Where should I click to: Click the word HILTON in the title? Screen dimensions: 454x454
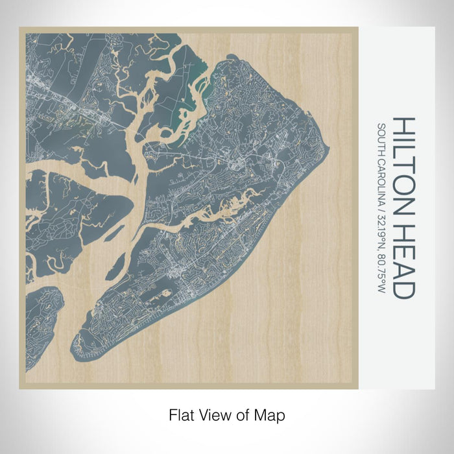coord(403,171)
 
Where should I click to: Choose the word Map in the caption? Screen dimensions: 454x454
coord(272,414)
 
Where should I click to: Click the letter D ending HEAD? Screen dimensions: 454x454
coord(403,290)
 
